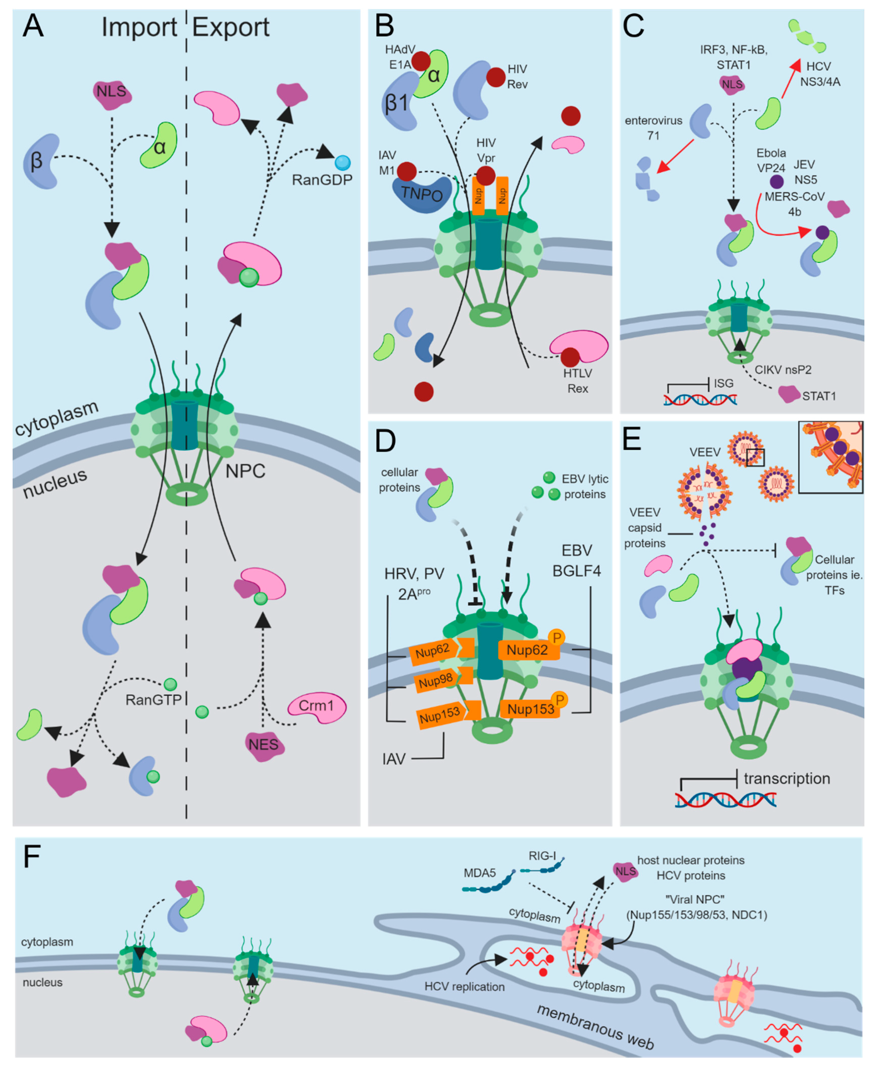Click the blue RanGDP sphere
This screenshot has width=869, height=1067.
pos(343,163)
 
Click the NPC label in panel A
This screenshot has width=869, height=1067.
pos(245,471)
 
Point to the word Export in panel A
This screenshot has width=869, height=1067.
pos(231,27)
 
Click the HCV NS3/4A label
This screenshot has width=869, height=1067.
pos(820,74)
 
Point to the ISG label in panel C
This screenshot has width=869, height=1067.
pos(723,383)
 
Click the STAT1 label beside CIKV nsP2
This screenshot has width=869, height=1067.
pos(819,396)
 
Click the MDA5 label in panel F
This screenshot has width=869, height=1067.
pos(480,873)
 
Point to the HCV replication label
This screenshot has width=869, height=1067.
pos(464,987)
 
